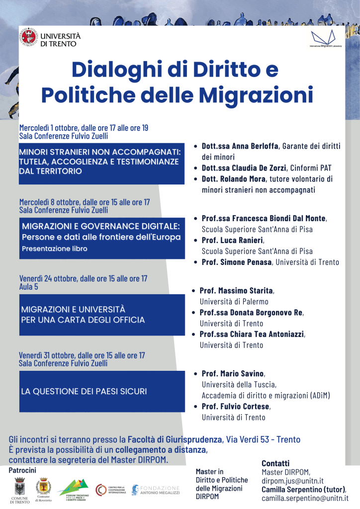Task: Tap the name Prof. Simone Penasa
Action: (237, 262)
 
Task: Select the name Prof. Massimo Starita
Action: (236, 290)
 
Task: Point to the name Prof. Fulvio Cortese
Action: (236, 407)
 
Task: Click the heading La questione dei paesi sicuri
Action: (84, 391)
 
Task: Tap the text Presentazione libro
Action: (55, 249)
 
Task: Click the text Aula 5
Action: (28, 287)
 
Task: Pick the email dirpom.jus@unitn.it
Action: (293, 481)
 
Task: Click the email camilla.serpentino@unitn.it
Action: (305, 498)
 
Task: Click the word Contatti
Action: (275, 463)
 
